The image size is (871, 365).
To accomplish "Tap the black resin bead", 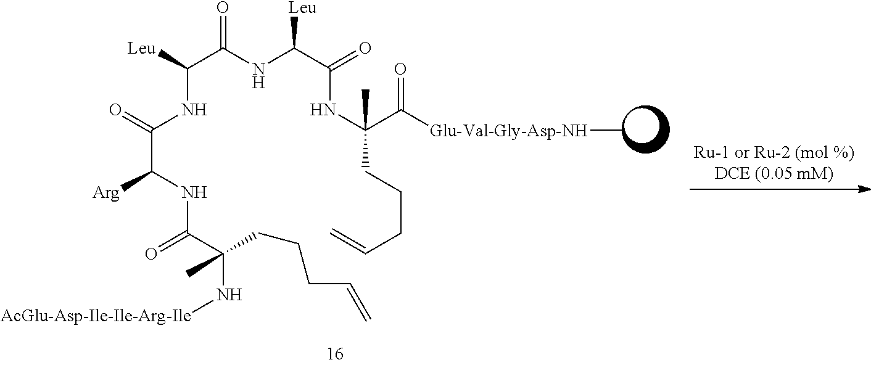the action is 643,131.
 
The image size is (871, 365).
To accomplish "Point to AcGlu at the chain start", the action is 23,317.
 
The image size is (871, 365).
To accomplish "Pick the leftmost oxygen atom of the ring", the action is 115,112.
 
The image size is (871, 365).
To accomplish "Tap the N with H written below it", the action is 258,68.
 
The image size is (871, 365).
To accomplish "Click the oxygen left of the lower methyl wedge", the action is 151,253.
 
